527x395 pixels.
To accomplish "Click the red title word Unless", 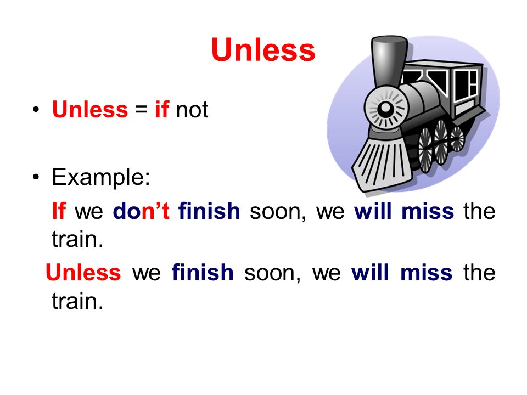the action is point(263,50).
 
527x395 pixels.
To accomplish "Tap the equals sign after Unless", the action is point(141,110).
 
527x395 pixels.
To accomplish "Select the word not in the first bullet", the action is point(192,110).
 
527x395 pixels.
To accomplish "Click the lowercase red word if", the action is point(161,109).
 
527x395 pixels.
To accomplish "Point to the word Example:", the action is point(101,177).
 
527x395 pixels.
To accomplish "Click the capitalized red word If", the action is point(59,211).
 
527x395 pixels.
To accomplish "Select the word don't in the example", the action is point(141,211).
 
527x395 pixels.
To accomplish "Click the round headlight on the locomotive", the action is point(385,108).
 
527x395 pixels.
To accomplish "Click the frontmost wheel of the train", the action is point(425,151).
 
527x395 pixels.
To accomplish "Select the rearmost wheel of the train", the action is point(457,138).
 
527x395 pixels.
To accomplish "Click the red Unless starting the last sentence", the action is point(83,272).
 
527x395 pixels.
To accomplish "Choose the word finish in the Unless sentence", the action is point(203,272).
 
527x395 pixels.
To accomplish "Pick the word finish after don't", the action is point(209,211).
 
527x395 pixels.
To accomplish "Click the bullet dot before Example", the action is point(36,177).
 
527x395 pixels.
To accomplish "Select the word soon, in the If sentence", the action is point(278,212).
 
